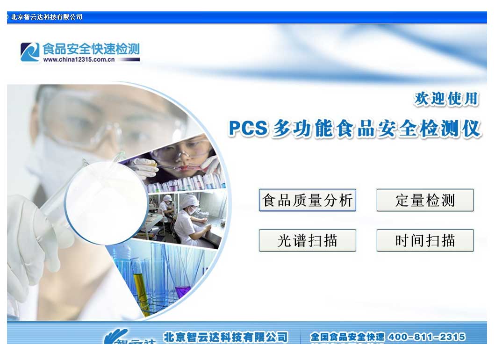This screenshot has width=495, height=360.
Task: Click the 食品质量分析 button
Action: pyautogui.click(x=307, y=200)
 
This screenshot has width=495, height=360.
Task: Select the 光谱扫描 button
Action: pyautogui.click(x=307, y=240)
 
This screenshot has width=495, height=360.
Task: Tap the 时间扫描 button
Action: pyautogui.click(x=425, y=240)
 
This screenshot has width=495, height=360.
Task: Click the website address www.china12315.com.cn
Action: pyautogui.click(x=79, y=59)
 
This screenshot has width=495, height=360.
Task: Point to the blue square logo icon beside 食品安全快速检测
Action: pyautogui.click(x=29, y=52)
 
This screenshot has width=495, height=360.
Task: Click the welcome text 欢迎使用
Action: pyautogui.click(x=446, y=99)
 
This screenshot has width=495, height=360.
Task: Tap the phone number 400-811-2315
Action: pyautogui.click(x=426, y=337)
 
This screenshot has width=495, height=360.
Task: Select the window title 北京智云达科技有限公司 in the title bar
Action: pyautogui.click(x=46, y=17)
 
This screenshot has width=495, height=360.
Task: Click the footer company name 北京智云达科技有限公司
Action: pyautogui.click(x=225, y=337)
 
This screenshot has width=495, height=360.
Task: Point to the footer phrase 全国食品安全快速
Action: pyautogui.click(x=347, y=337)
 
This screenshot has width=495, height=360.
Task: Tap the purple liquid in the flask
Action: pyautogui.click(x=183, y=290)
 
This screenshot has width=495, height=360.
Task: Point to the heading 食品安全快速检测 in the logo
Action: pyautogui.click(x=91, y=49)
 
